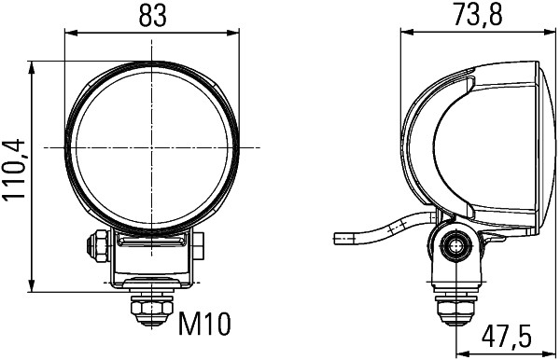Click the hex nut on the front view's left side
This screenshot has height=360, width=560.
point(95,246)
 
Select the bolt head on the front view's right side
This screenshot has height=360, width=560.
point(201,246)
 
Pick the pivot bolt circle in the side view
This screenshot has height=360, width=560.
point(455,246)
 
